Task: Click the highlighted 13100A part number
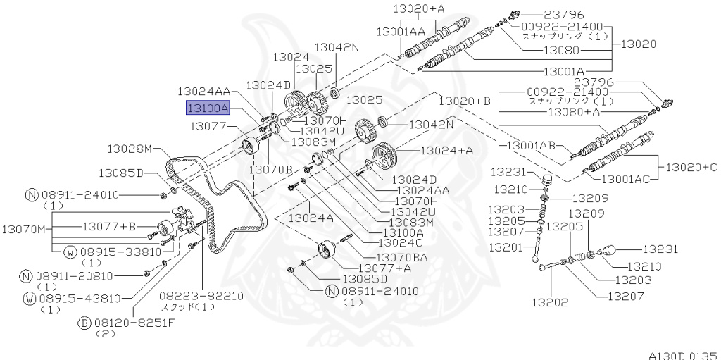[x=208, y=108]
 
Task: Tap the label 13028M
[x=130, y=149]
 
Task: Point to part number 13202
[x=549, y=302]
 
